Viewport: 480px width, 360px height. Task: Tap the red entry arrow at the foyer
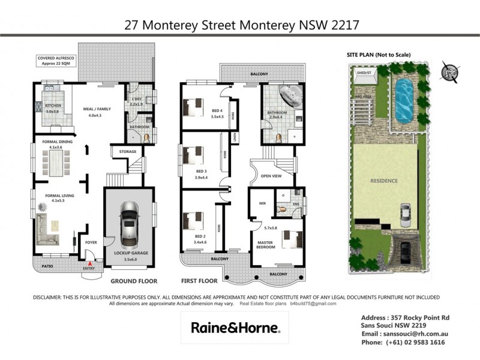91,263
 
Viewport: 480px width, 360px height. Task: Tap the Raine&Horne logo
235,328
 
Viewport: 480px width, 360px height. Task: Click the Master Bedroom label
265,245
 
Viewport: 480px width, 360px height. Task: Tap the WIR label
262,203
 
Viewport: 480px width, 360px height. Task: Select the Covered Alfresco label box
55,61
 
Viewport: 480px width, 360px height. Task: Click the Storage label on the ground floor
128,151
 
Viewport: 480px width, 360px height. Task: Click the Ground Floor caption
134,280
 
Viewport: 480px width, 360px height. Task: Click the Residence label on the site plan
385,180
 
